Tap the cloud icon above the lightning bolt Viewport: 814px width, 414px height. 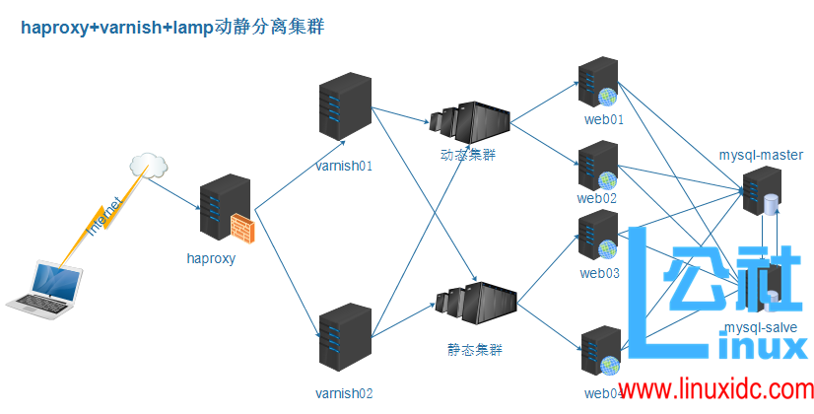pyautogui.click(x=148, y=165)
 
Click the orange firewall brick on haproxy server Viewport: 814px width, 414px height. pyautogui.click(x=242, y=229)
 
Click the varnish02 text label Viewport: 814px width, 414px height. pyautogui.click(x=344, y=393)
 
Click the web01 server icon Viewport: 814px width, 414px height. pyautogui.click(x=597, y=84)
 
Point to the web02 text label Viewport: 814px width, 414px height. pyautogui.click(x=597, y=197)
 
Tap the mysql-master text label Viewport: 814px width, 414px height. pyautogui.click(x=761, y=155)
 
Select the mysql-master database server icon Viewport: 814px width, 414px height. pyautogui.click(x=761, y=192)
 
